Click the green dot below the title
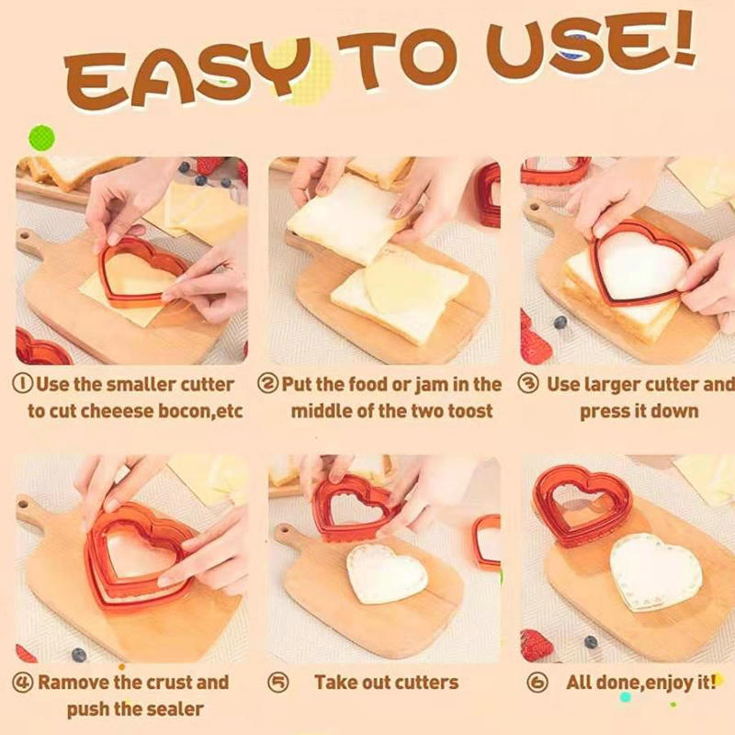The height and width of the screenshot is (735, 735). [x=42, y=138]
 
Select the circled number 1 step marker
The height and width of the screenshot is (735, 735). [x=22, y=384]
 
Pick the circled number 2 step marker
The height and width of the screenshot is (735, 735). [x=267, y=384]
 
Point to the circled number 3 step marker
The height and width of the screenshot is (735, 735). [x=527, y=384]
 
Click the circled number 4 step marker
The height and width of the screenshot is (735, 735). [x=22, y=683]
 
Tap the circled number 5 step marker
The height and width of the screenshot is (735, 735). [x=278, y=683]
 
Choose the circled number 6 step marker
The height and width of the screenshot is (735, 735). [x=537, y=683]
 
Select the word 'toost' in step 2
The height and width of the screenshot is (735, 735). [x=470, y=412]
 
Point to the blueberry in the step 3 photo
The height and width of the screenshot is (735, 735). [x=560, y=322]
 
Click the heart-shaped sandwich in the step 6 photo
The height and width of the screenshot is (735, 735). [x=656, y=571]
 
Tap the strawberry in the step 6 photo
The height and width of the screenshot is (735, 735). [x=537, y=645]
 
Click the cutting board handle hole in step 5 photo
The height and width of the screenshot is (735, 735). [x=283, y=532]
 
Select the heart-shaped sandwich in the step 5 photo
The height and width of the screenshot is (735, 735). [x=387, y=572]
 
